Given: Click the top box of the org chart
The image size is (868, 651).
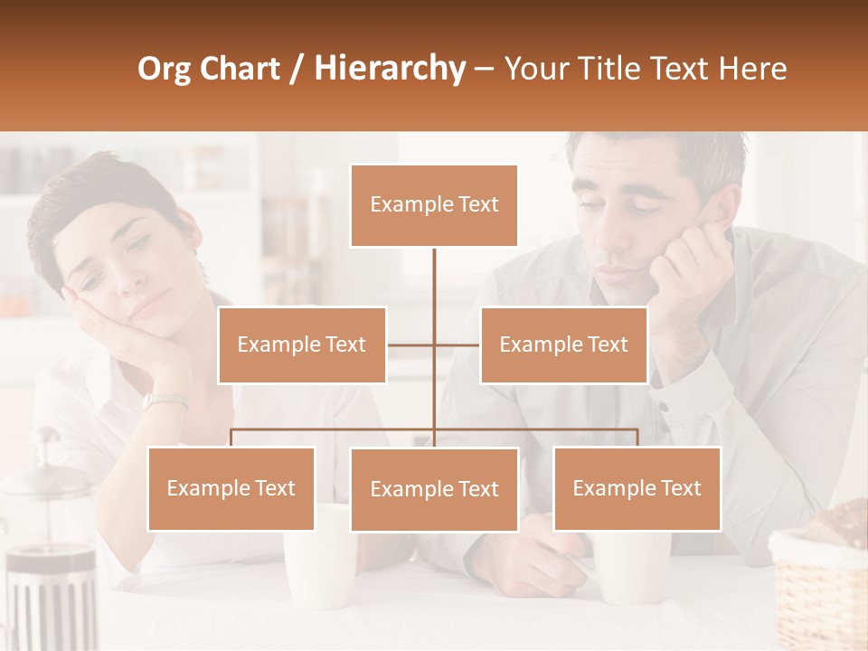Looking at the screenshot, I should tap(434, 205).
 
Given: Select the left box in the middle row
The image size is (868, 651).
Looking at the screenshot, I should tap(302, 344).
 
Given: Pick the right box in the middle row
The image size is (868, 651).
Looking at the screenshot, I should tap(563, 344).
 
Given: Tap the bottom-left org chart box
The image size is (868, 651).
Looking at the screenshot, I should tap(231, 488).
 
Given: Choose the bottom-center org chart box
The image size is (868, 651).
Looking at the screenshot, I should tap(434, 489).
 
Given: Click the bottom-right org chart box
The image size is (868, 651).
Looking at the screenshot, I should tap(637, 488).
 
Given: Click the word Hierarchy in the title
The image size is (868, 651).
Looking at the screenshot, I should tap(390, 69).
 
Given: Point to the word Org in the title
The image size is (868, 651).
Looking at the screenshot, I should tap(164, 69).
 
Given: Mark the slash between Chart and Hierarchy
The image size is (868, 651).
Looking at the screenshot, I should tap(296, 70).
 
